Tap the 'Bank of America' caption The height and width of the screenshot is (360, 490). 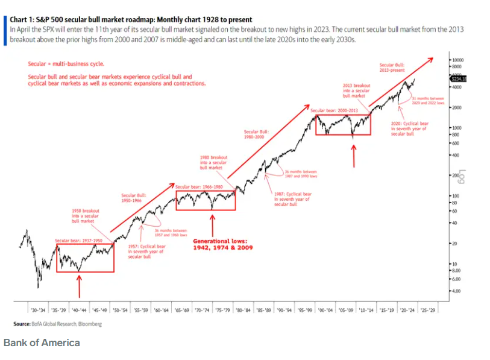point(42,343)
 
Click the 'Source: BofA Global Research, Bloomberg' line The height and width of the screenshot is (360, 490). point(57,324)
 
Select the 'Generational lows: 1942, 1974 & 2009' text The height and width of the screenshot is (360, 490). point(222,244)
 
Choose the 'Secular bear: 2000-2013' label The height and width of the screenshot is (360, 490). point(331,111)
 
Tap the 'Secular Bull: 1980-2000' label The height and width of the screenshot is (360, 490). point(256,133)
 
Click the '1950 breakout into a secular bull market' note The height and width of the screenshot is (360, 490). point(84,215)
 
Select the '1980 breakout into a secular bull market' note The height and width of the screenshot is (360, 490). point(212,162)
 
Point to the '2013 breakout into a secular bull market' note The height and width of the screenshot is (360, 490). point(356,91)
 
